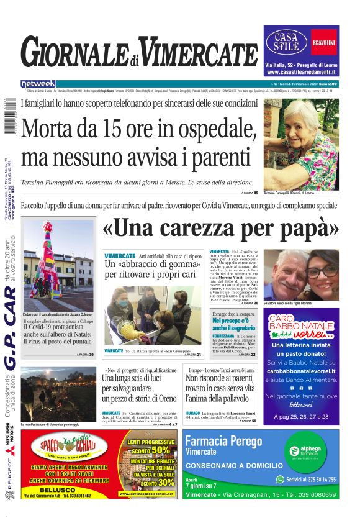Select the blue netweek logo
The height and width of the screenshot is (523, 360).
38,84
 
